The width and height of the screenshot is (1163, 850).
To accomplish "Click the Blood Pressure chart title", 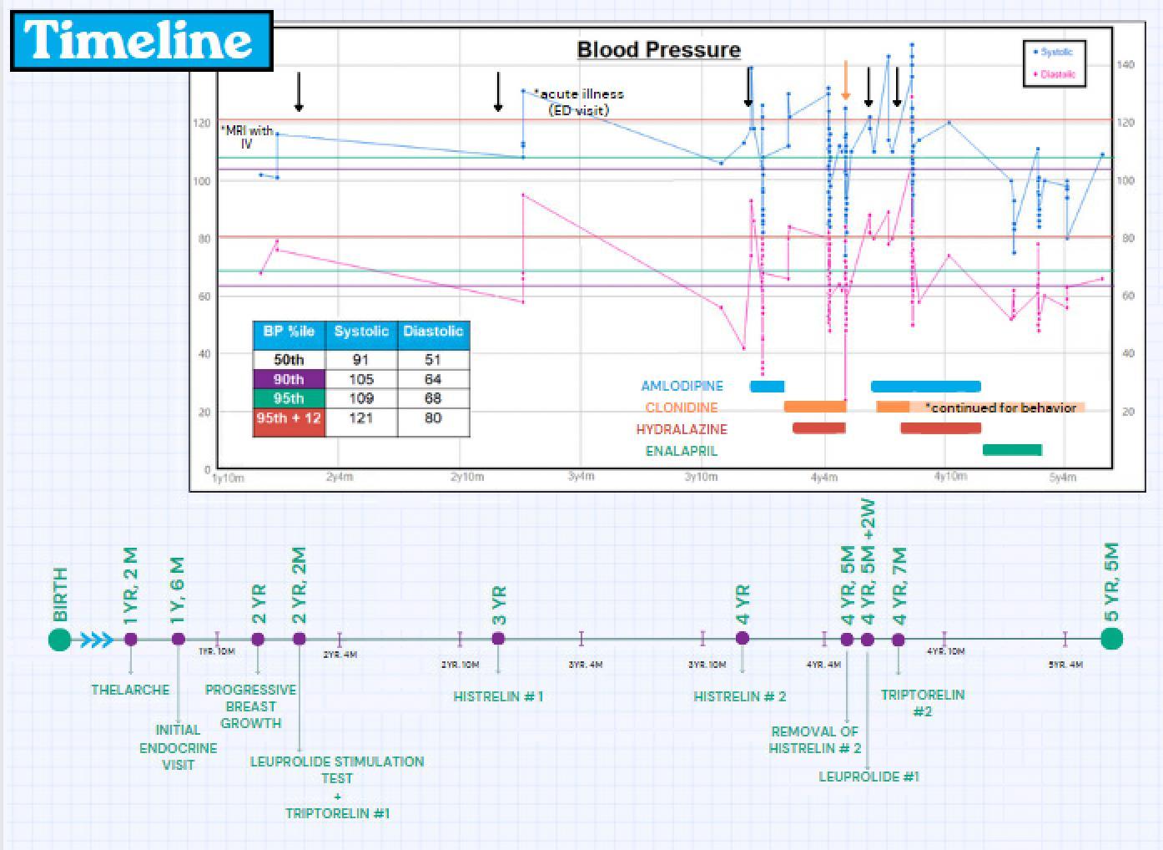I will [x=658, y=50].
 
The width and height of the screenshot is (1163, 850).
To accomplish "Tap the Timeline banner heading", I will [x=140, y=40].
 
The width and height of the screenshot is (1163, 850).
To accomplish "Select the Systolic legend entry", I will [x=1055, y=52].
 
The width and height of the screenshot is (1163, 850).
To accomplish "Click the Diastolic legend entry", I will [x=1055, y=74].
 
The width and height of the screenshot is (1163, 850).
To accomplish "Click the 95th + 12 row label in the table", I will [x=289, y=417].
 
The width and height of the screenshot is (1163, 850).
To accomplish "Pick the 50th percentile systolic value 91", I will [x=361, y=360].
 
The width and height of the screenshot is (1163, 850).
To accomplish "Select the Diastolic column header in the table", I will [x=433, y=331].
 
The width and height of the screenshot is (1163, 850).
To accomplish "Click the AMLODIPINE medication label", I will [x=682, y=386].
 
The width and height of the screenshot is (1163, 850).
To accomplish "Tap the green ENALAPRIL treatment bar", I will [x=1012, y=450].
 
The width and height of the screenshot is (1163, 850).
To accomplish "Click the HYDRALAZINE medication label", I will [x=682, y=429].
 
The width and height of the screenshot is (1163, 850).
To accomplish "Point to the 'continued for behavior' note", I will [x=1001, y=407].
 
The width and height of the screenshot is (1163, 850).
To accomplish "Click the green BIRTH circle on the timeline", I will [x=59, y=640].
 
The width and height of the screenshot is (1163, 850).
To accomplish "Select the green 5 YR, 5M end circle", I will [x=1111, y=639].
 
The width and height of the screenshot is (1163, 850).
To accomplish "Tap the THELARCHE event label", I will [x=130, y=690].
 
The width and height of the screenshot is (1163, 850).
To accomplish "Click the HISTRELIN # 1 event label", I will [x=498, y=696].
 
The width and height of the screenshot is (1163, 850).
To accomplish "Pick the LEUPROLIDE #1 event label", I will [x=868, y=777].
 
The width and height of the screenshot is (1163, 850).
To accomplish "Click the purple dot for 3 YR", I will [x=498, y=639].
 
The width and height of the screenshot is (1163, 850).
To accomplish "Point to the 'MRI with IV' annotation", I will [x=247, y=137].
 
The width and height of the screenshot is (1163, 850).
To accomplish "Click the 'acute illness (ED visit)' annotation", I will [x=578, y=102].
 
